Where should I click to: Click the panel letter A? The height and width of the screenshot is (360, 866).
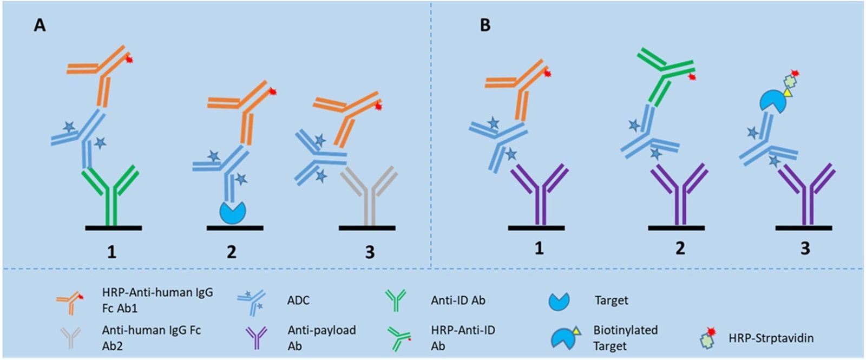40,25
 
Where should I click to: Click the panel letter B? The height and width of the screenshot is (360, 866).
485,25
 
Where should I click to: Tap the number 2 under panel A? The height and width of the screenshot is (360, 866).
232,252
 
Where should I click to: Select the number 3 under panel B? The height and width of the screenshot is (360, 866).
805,248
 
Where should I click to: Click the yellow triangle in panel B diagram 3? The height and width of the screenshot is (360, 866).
788,93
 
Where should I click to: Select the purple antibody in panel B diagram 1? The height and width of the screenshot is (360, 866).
539,195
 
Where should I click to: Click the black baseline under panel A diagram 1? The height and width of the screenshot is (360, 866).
113,228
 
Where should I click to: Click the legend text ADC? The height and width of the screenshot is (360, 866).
298,300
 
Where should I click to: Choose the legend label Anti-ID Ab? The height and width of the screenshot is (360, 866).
458,300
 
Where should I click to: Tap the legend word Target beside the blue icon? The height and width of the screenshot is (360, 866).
611,300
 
